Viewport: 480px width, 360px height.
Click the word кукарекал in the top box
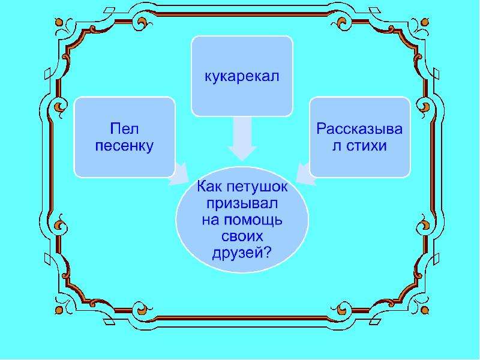click(x=242, y=77)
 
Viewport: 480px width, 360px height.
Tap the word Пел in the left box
click(x=124, y=128)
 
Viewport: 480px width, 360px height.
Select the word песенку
click(x=124, y=146)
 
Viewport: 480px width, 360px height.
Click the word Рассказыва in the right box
click(x=359, y=129)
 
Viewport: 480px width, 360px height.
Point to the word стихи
click(x=367, y=146)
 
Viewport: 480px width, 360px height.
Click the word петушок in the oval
click(x=257, y=187)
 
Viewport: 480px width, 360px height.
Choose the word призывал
click(x=242, y=203)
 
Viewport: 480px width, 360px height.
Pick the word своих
click(x=242, y=236)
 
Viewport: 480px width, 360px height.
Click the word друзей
click(x=238, y=253)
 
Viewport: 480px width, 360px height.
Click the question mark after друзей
click(x=267, y=252)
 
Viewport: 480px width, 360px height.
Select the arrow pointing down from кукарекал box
click(x=242, y=139)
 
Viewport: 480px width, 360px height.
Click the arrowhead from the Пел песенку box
click(x=179, y=175)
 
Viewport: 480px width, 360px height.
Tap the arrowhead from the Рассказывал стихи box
click(x=306, y=175)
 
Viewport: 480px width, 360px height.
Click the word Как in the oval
click(x=209, y=186)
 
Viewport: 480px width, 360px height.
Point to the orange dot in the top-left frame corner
click(x=59, y=23)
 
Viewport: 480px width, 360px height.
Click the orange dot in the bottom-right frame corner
click(x=425, y=310)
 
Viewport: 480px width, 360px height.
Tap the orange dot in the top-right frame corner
click(x=425, y=23)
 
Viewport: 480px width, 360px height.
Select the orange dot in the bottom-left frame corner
click(x=59, y=310)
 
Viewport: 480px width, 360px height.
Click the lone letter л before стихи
click(x=337, y=146)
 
